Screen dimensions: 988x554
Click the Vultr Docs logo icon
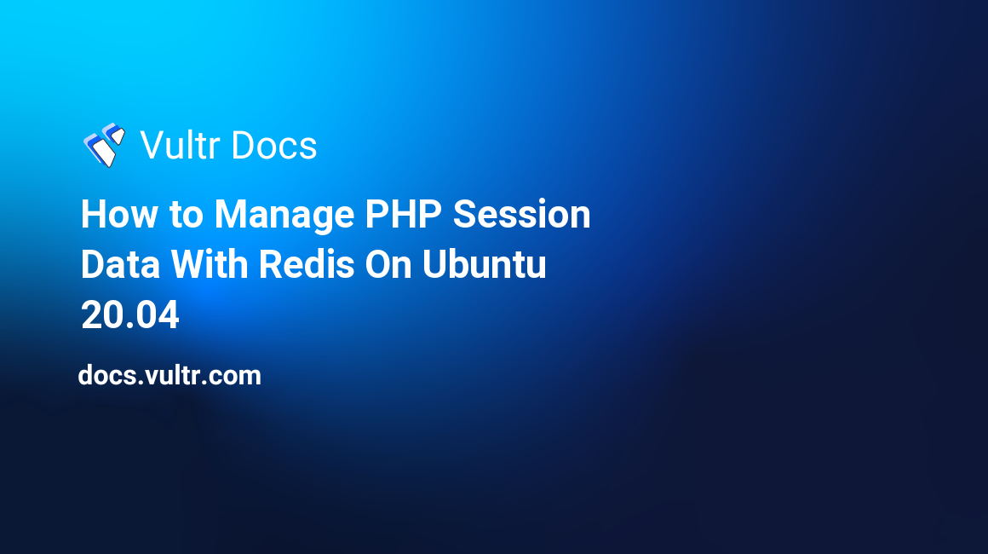click(104, 145)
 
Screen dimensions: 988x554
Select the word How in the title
click(118, 214)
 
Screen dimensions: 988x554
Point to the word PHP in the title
click(403, 214)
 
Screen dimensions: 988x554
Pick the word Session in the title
click(522, 214)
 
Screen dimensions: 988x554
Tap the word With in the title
click(209, 264)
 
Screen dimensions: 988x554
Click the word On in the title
click(388, 264)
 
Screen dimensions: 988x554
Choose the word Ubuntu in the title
click(484, 264)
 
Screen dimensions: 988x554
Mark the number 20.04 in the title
click(129, 315)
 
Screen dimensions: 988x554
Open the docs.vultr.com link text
click(169, 376)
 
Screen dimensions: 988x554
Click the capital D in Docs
click(244, 146)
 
